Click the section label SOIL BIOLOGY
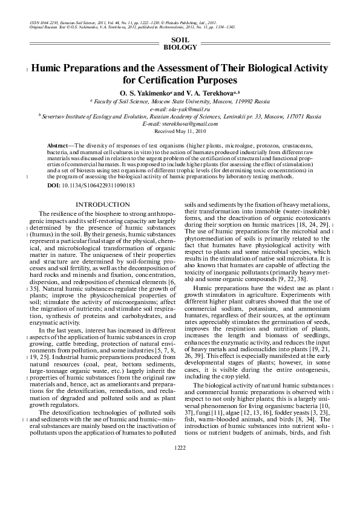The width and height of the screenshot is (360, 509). coord(180,42)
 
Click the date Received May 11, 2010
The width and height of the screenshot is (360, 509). coord(180,131)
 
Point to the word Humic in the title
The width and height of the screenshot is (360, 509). coord(50,68)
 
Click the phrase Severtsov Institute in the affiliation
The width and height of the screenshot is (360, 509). coord(64,116)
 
